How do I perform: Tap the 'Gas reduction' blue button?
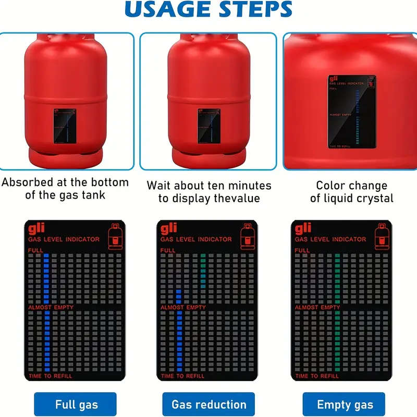click(208, 404)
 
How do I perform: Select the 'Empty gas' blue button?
click(345, 404)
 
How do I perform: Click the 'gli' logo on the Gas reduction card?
click(170, 228)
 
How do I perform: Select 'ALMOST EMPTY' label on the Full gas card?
click(51, 308)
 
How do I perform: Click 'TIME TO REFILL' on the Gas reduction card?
click(183, 376)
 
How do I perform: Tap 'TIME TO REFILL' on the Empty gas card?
click(317, 376)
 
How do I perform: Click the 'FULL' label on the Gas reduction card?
click(168, 251)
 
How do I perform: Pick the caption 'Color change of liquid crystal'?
click(351, 192)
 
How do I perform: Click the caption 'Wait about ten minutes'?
click(208, 186)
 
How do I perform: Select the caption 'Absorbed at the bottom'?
click(65, 182)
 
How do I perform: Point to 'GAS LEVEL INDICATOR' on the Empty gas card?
click(330, 239)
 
